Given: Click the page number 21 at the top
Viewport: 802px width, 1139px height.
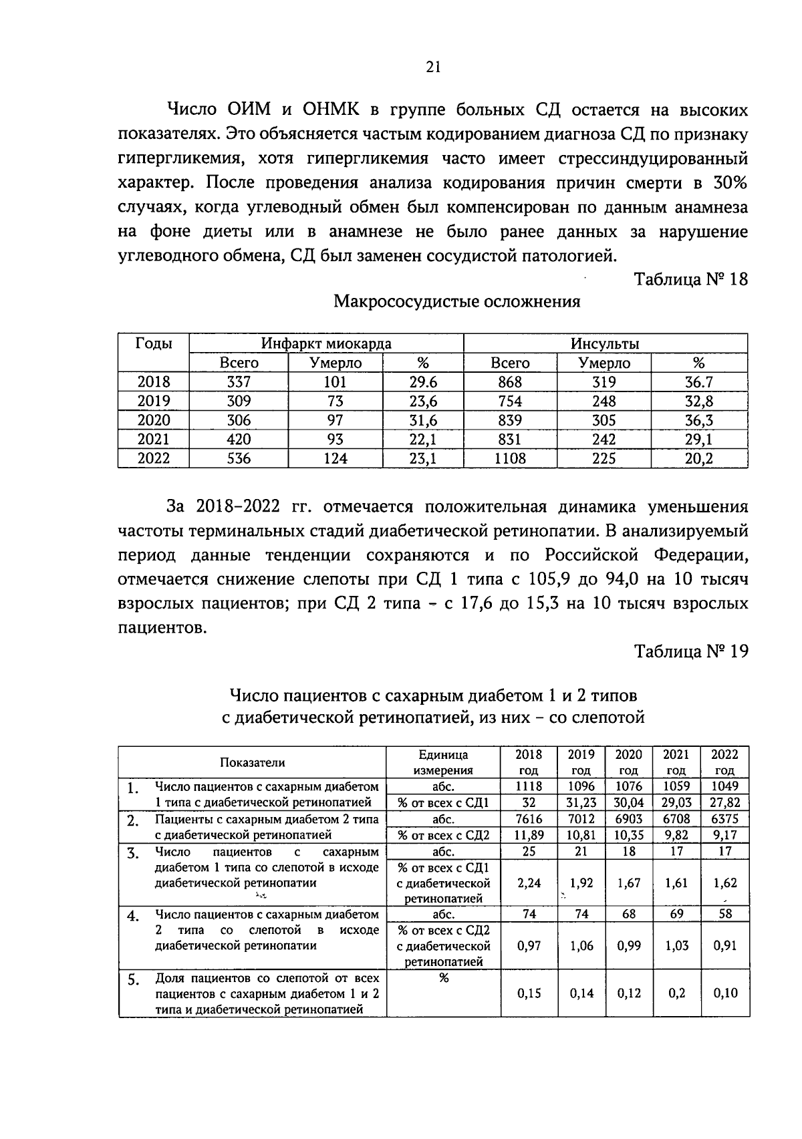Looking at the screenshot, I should (x=432, y=67).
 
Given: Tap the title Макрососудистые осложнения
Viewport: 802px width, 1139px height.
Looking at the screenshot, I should (x=456, y=301).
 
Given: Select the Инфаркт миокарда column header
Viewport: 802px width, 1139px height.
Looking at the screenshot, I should (x=326, y=343).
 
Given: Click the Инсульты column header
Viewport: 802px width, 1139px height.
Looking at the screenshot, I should (x=605, y=343).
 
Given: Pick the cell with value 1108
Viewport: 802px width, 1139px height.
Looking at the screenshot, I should (x=510, y=458).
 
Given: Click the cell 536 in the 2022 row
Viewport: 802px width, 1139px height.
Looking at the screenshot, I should (x=239, y=458).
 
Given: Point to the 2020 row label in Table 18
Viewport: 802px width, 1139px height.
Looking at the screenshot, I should (x=154, y=420).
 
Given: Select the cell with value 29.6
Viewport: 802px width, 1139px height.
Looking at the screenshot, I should (x=422, y=382).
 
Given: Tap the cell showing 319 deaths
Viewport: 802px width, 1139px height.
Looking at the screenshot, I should (x=604, y=382).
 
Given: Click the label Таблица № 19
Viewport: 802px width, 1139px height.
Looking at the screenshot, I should (x=691, y=651).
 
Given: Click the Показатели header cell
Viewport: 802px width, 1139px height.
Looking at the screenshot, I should (x=253, y=762).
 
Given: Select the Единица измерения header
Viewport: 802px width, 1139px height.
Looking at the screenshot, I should (x=443, y=762).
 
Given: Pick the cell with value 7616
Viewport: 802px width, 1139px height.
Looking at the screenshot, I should (x=529, y=819).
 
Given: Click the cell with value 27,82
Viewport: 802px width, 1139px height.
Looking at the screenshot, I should (x=725, y=802).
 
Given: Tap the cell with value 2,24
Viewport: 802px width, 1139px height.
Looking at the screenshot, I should (x=529, y=883).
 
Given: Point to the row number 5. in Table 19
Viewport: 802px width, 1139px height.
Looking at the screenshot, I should (x=134, y=980).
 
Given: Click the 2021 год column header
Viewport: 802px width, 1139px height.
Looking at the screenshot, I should (x=676, y=762).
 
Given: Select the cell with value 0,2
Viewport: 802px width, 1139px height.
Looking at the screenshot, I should (x=676, y=993).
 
